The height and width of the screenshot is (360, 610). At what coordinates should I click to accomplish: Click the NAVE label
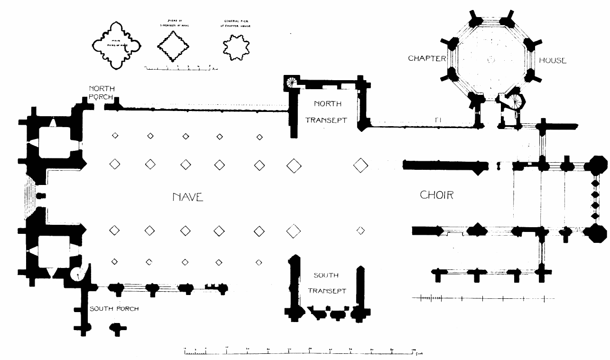(188, 197)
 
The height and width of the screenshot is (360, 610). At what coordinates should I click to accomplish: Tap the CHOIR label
(436, 195)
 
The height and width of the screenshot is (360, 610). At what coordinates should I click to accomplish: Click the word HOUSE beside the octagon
(553, 60)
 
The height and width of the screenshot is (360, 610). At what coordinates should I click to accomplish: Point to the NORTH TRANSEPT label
(326, 111)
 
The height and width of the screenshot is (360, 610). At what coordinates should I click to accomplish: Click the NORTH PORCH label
(102, 92)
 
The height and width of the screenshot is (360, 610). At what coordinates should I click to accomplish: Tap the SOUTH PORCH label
(114, 309)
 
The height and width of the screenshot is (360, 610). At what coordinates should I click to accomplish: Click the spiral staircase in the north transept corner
(291, 82)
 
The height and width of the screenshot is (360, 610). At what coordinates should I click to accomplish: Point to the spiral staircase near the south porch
(77, 273)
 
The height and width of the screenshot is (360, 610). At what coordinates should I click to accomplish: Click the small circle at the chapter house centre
(491, 60)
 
